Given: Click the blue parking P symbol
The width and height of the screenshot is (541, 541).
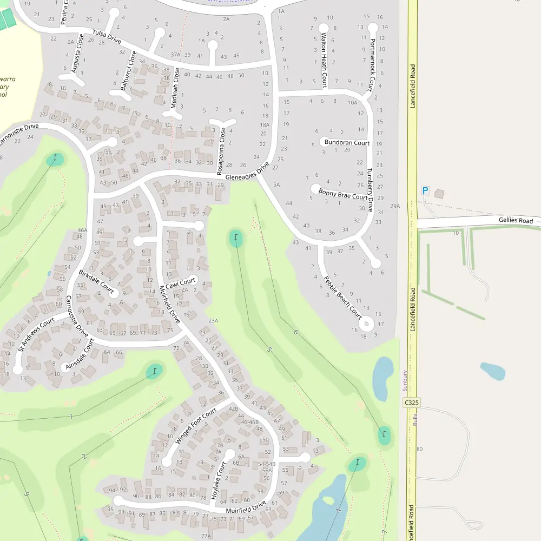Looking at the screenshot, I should pyautogui.click(x=425, y=190).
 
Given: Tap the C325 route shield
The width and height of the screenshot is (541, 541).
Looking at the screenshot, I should pyautogui.click(x=412, y=403).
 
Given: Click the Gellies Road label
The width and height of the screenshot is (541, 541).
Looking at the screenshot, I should pyautogui.click(x=516, y=221).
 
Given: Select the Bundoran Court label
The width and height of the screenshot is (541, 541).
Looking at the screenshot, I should pyautogui.click(x=347, y=143).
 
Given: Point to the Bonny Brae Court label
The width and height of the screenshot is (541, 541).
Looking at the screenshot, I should pyautogui.click(x=343, y=194).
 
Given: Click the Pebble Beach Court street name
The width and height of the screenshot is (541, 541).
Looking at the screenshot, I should pyautogui.click(x=342, y=298).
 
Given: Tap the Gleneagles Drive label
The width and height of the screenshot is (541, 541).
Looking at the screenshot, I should pyautogui.click(x=247, y=173).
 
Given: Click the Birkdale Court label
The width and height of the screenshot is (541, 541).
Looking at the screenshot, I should pyautogui.click(x=96, y=281).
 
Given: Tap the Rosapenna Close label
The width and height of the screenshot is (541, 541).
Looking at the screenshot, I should pyautogui.click(x=221, y=150).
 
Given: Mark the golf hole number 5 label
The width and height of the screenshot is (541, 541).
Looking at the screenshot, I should pyautogui.click(x=269, y=349).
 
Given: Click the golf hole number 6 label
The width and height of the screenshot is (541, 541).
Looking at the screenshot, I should pyautogui.click(x=295, y=332).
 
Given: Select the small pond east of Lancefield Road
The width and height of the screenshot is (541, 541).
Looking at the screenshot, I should pyautogui.click(x=492, y=371).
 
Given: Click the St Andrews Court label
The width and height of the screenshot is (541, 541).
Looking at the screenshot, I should pyautogui.click(x=36, y=334).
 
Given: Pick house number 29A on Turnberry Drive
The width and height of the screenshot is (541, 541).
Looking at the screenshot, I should pyautogui.click(x=395, y=206).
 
